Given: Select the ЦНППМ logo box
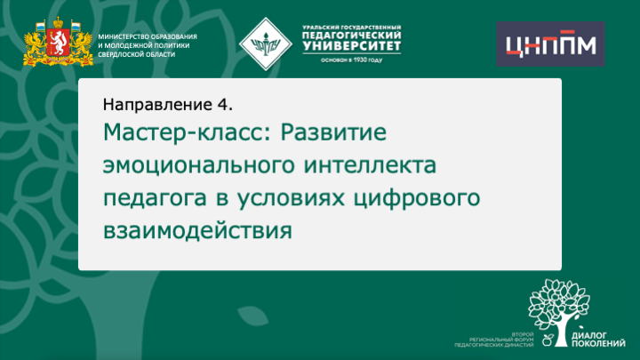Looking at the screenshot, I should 548,44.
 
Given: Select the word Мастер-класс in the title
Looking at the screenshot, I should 188,134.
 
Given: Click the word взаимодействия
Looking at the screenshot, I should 197,230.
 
